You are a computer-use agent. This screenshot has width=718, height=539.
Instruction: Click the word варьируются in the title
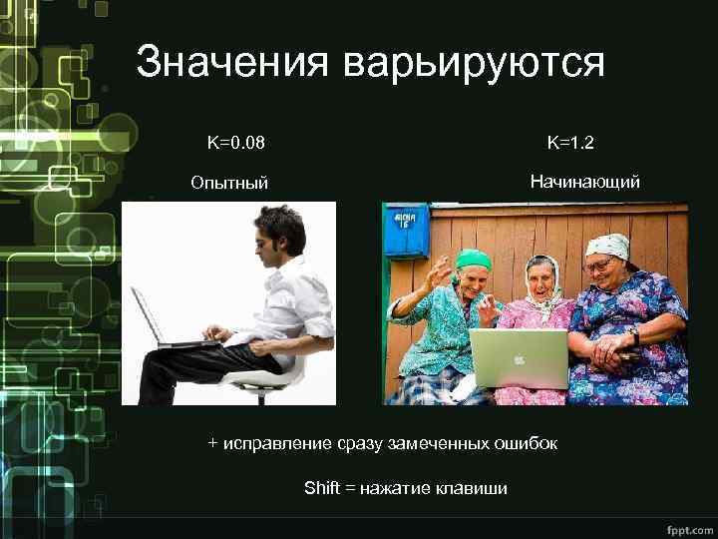pyautogui.click(x=474, y=64)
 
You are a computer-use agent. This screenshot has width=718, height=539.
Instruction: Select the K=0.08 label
pyautogui.click(x=236, y=143)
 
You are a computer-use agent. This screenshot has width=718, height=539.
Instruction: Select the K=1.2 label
pyautogui.click(x=570, y=143)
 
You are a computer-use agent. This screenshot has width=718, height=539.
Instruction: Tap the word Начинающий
pyautogui.click(x=585, y=182)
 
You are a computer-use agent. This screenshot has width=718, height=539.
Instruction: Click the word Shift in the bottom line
pyautogui.click(x=321, y=488)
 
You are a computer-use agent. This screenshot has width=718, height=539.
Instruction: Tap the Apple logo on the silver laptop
pyautogui.click(x=519, y=358)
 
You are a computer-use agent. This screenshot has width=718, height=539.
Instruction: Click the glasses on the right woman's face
pyautogui.click(x=599, y=265)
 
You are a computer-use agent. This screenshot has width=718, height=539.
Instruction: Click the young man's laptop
pyautogui.click(x=160, y=319)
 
